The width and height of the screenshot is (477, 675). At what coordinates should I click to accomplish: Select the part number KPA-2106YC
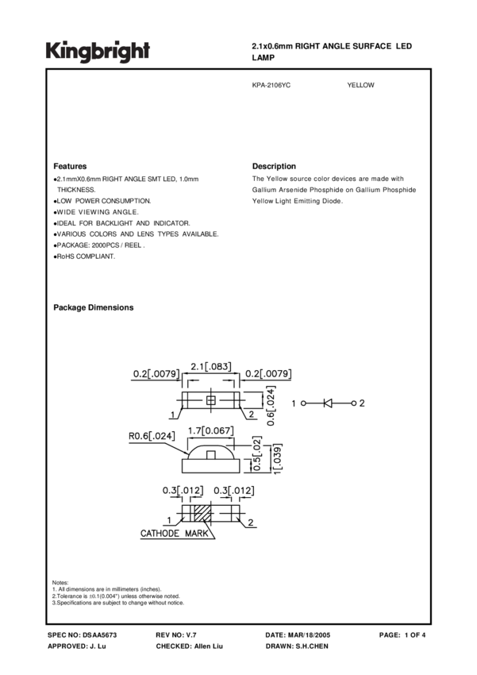(x=271, y=85)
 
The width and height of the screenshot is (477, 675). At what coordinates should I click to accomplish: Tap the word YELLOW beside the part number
(x=360, y=85)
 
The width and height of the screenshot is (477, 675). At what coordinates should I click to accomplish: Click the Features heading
(x=70, y=167)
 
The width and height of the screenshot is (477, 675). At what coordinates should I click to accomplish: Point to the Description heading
(x=274, y=167)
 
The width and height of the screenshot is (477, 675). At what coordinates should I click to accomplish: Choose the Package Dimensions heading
(x=93, y=307)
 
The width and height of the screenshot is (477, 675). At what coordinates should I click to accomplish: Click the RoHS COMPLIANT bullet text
(x=85, y=256)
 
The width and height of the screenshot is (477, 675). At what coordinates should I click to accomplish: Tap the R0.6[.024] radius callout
(x=154, y=435)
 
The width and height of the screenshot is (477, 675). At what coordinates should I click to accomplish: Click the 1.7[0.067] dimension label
(x=210, y=430)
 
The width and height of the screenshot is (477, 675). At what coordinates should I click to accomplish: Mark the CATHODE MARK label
(x=175, y=534)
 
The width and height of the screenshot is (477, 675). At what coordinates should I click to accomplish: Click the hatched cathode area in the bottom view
(x=202, y=512)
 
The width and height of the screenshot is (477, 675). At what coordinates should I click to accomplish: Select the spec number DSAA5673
(x=100, y=635)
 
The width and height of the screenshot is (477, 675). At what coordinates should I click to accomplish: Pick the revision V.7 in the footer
(x=198, y=635)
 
